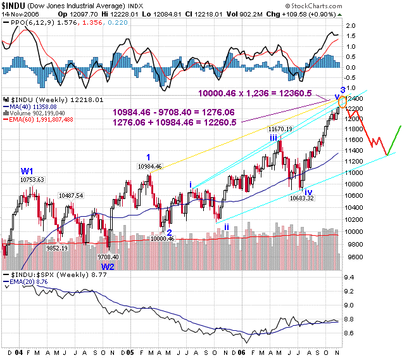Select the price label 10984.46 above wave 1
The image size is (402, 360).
coord(150,166)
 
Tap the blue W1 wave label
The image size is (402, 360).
coord(27,170)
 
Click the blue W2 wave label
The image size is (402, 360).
coord(108,267)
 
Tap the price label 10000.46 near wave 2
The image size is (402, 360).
coord(162,238)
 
